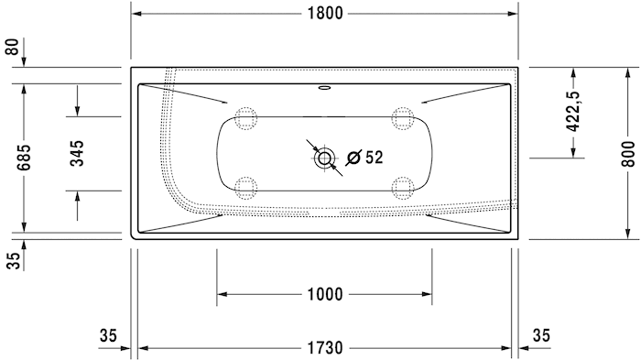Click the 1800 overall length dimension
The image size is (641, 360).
click(x=324, y=13)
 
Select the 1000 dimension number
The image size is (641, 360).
click(x=324, y=294)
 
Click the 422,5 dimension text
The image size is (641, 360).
click(x=574, y=112)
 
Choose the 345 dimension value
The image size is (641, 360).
click(x=77, y=153)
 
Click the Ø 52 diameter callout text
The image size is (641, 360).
click(x=364, y=158)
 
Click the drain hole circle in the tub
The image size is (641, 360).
click(x=324, y=158)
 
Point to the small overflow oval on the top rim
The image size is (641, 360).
click(x=324, y=90)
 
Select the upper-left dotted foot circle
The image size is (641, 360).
click(x=245, y=117)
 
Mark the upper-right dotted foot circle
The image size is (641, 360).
click(x=401, y=117)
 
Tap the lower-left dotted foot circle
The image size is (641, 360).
click(x=245, y=188)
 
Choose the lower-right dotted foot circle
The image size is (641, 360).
click(x=401, y=188)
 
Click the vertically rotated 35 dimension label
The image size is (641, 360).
click(x=12, y=259)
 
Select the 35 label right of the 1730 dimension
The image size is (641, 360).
click(x=541, y=336)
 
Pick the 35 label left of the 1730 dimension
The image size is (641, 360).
click(x=108, y=336)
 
